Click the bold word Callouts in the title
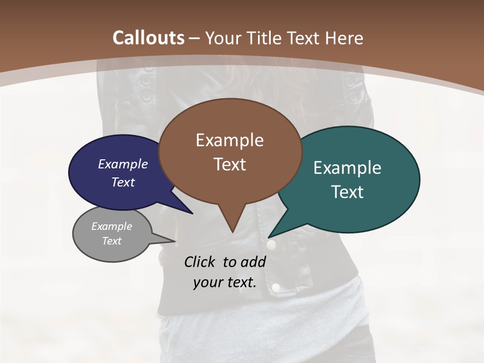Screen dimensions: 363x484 point(148,38)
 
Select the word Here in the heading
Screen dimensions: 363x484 point(344,38)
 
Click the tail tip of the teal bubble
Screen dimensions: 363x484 point(269,237)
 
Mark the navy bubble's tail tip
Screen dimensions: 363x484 point(192,213)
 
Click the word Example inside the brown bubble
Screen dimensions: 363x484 point(229,140)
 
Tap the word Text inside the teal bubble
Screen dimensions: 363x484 point(347,192)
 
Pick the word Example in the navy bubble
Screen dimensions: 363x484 point(123,164)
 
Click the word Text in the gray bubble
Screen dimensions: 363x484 point(112,241)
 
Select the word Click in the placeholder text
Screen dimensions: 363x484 point(201,262)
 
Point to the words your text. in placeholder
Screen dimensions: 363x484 point(224,283)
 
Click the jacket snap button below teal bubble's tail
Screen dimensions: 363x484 point(271,245)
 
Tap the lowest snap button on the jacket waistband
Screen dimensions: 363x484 point(276,287)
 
